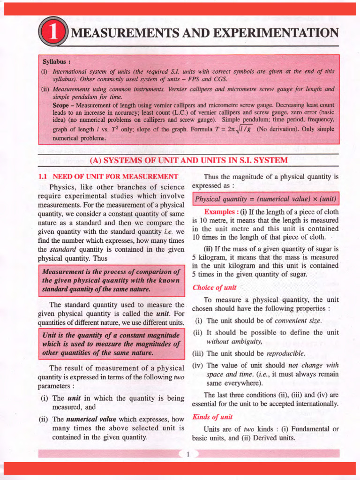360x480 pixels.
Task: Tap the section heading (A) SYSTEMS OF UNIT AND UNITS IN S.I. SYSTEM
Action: click(188, 160)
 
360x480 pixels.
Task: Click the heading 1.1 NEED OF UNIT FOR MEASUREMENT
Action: click(108, 177)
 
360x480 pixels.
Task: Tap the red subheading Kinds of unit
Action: click(212, 417)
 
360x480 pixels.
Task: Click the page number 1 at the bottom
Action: click(187, 454)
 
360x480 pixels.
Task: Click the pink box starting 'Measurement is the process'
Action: click(111, 280)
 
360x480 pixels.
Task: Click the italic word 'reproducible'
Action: click(285, 353)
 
